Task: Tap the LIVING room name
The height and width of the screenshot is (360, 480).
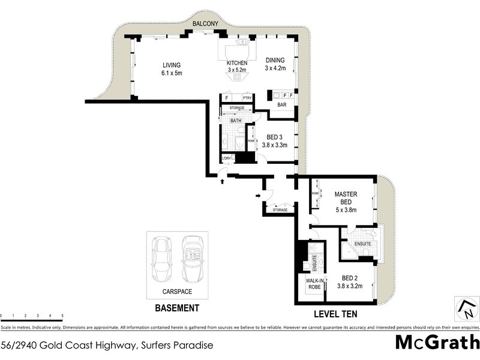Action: pyautogui.click(x=171, y=65)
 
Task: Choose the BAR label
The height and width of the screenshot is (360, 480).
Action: pyautogui.click(x=281, y=105)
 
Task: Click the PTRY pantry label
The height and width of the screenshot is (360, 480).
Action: pyautogui.click(x=247, y=97)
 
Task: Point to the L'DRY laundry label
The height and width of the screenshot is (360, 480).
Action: pyautogui.click(x=227, y=158)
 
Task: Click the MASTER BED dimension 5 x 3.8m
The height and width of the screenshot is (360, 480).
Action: pyautogui.click(x=346, y=210)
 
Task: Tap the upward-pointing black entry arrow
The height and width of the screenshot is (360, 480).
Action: pyautogui.click(x=223, y=181)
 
